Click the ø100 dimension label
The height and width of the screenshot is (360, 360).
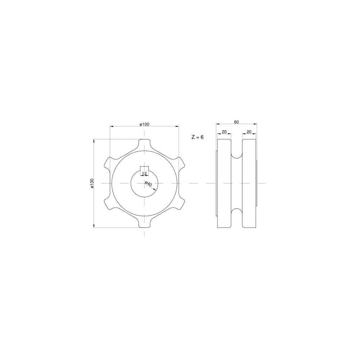pos(144,124)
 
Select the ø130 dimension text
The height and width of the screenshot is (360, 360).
pos(92,184)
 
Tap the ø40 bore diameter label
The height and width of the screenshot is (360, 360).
pos(149,184)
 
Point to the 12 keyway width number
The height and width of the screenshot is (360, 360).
pos(144,173)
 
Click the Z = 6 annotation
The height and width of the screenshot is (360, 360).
pos(197,137)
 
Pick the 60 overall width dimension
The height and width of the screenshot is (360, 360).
pos(237,122)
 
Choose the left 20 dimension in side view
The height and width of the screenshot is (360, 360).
pos(224,132)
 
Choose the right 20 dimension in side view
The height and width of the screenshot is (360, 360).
pos(249,132)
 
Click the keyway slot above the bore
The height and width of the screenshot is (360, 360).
pos(144,169)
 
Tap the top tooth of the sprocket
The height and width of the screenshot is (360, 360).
pos(144,144)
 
